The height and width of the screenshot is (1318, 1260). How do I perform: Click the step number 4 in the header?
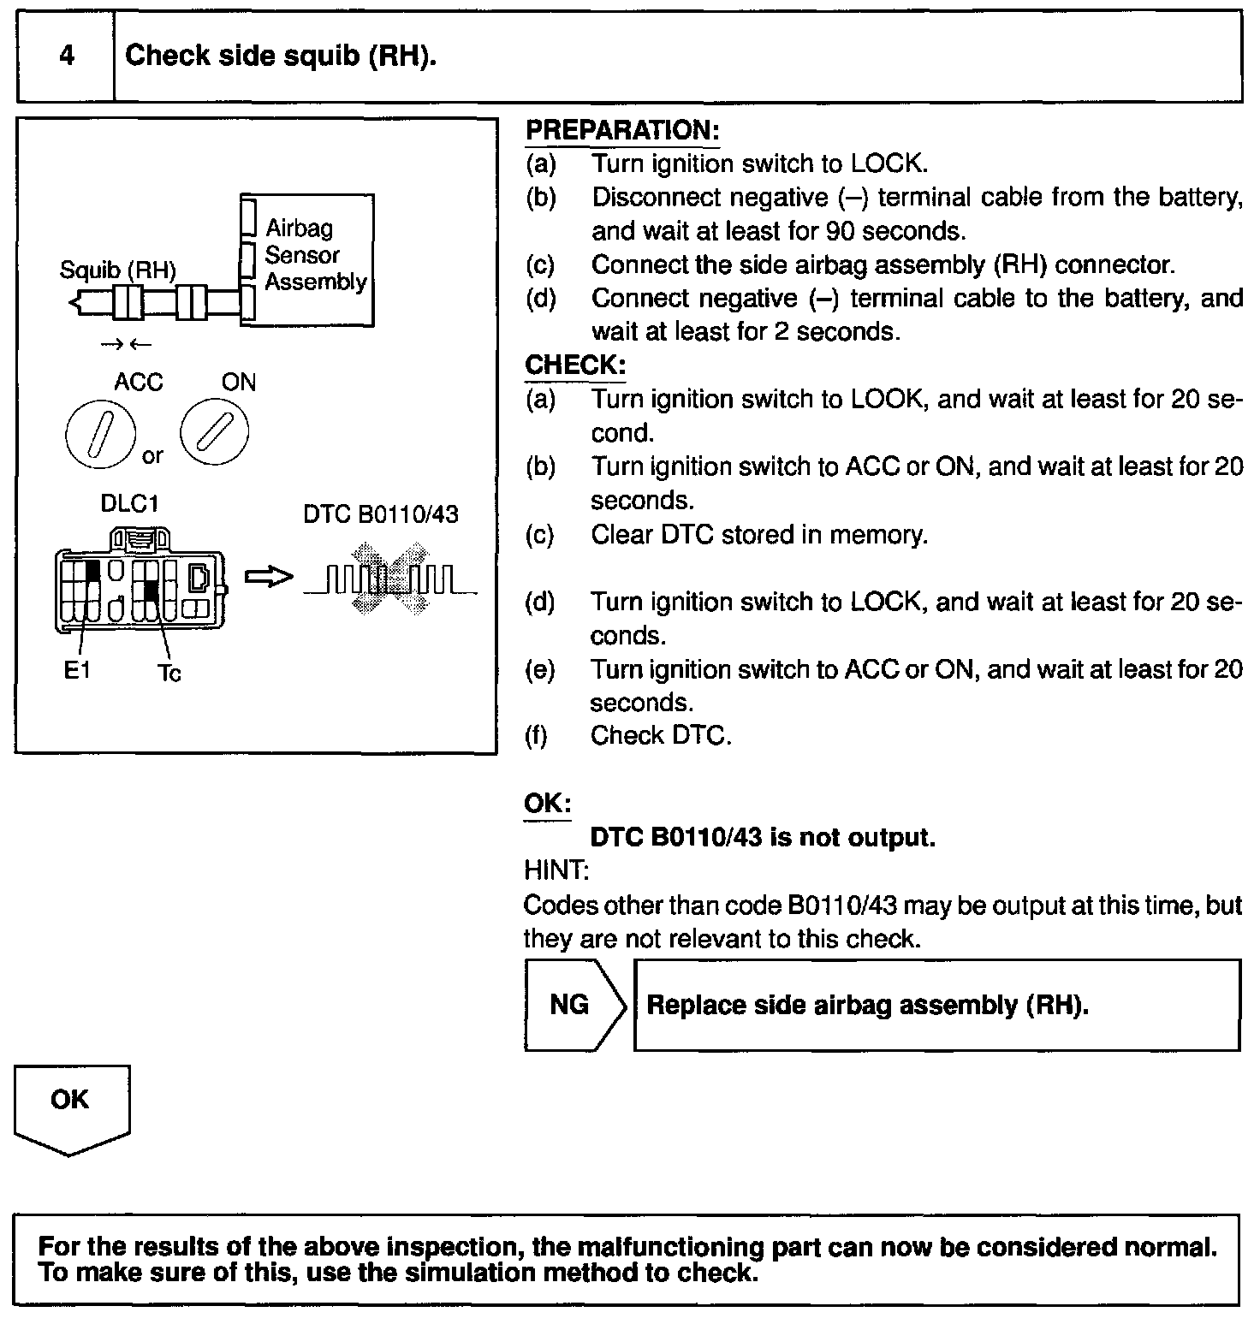pyautogui.click(x=66, y=56)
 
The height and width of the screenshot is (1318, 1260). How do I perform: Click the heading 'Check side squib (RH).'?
pyautogui.click(x=281, y=56)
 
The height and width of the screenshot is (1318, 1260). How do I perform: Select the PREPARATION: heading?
pyautogui.click(x=621, y=131)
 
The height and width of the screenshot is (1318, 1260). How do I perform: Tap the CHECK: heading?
pyautogui.click(x=575, y=365)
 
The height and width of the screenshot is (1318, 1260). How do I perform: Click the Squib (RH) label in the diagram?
pyautogui.click(x=117, y=270)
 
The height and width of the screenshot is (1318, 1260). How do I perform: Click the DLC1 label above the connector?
pyautogui.click(x=130, y=503)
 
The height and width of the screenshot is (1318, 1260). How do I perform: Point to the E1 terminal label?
pyautogui.click(x=76, y=671)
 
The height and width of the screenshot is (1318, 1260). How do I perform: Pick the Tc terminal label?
pyautogui.click(x=169, y=674)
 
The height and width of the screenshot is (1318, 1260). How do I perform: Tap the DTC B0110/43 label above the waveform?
pyautogui.click(x=381, y=514)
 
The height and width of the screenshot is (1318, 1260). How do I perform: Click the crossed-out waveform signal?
pyautogui.click(x=390, y=579)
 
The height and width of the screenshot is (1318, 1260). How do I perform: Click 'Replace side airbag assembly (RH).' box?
pyautogui.click(x=936, y=1005)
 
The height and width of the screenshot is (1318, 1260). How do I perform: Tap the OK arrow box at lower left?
pyautogui.click(x=71, y=1107)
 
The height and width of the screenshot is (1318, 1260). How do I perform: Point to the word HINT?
pyautogui.click(x=556, y=871)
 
